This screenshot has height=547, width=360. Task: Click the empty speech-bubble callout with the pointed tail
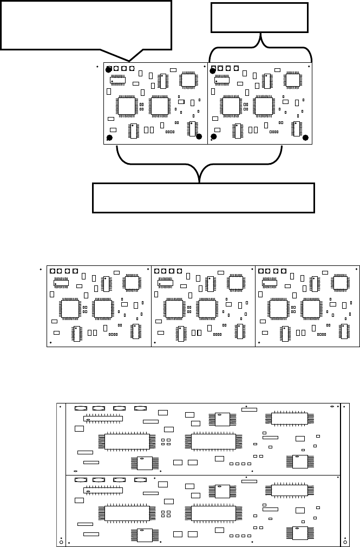pyautogui.click(x=87, y=25)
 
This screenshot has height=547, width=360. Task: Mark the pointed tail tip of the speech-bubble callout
pyautogui.click(x=129, y=60)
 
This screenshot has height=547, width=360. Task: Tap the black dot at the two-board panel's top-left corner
pyautogui.click(x=108, y=70)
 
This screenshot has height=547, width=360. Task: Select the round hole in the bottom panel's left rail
pyautogui.click(x=61, y=542)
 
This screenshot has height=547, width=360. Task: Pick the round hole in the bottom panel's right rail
pyautogui.click(x=345, y=542)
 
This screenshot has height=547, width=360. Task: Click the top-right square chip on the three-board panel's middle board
pyautogui.click(x=235, y=282)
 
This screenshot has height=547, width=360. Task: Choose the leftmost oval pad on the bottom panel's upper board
pyautogui.click(x=81, y=409)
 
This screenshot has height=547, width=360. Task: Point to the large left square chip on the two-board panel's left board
pyautogui.click(x=127, y=105)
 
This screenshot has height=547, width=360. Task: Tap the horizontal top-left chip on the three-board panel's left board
pyautogui.click(x=61, y=283)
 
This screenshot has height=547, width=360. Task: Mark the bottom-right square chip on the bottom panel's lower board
pyautogui.click(x=300, y=533)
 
